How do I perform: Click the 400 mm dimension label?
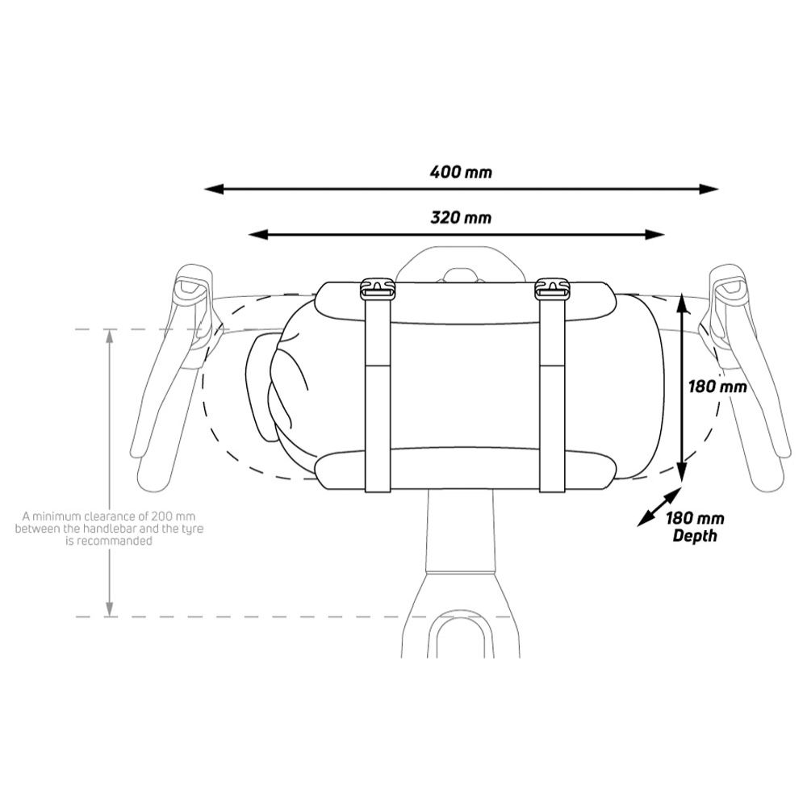click(x=461, y=171)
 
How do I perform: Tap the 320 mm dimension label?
click(x=461, y=217)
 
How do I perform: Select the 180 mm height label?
click(x=717, y=386)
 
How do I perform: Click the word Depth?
click(x=695, y=535)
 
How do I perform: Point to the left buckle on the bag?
click(x=377, y=289)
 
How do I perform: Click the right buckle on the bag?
click(x=552, y=289)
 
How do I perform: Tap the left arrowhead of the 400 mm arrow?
click(x=214, y=189)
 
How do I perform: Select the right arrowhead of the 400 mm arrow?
click(x=709, y=189)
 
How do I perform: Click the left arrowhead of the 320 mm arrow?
click(x=258, y=235)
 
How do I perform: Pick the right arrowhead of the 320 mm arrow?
click(x=654, y=235)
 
